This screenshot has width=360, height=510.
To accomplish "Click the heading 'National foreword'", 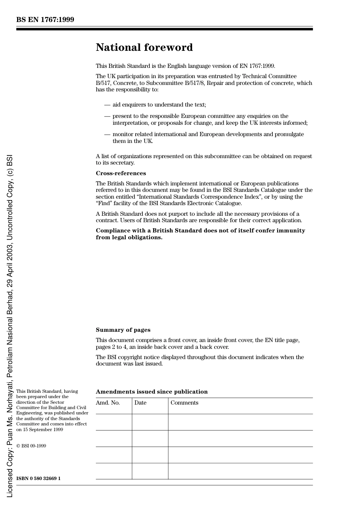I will [x=144, y=47].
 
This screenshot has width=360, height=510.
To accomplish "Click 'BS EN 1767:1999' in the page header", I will [x=45, y=20].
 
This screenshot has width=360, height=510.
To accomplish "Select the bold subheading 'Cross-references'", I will [x=121, y=173].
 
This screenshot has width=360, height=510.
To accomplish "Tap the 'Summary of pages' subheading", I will [x=123, y=330].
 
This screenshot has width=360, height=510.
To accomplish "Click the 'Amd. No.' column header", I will [x=108, y=403].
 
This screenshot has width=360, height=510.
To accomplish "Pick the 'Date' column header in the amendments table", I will [x=140, y=403].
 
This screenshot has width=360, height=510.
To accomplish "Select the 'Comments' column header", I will [x=184, y=403].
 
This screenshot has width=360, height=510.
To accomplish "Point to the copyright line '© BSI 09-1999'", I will [x=31, y=446].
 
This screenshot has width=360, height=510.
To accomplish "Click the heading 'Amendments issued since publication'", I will [x=152, y=392].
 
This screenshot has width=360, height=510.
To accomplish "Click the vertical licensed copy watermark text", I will [x=10, y=326].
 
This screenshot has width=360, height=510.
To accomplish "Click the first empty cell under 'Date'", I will [x=150, y=422].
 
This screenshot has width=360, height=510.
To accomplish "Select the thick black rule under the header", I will [x=164, y=29].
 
